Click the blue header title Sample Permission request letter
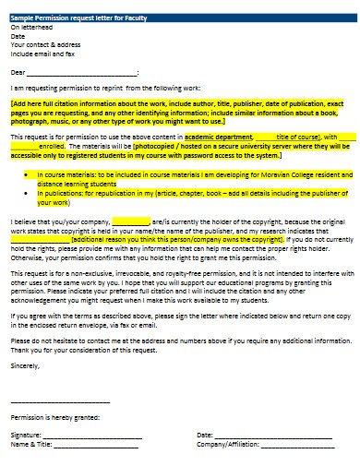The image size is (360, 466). tap(69, 18)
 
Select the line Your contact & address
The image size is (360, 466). tap(42, 43)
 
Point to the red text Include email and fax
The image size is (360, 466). tap(42, 52)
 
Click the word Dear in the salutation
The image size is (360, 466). tap(18, 71)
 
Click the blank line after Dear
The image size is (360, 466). tap(83, 72)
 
